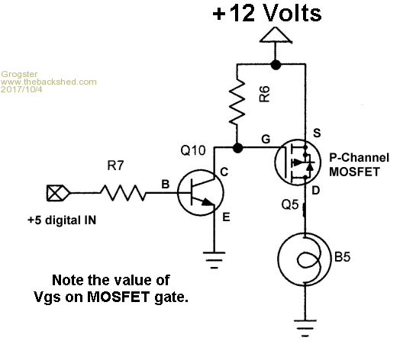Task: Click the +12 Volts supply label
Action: click(x=267, y=13)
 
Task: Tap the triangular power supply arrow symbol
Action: click(x=276, y=35)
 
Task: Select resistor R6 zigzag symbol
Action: click(x=237, y=102)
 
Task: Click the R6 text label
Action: click(x=264, y=94)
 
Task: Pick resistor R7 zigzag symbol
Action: click(x=123, y=193)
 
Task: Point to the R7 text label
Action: click(x=115, y=166)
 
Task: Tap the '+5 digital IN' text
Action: click(x=62, y=220)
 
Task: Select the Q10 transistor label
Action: click(x=193, y=150)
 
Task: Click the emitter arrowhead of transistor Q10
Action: click(x=208, y=203)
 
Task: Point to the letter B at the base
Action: click(x=166, y=185)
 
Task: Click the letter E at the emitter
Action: click(x=226, y=217)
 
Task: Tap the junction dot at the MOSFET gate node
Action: click(x=237, y=148)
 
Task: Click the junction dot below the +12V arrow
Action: click(x=276, y=64)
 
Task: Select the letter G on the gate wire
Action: click(x=266, y=139)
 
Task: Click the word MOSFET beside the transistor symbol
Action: click(x=354, y=172)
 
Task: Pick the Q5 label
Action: click(x=290, y=204)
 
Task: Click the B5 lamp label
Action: click(x=342, y=256)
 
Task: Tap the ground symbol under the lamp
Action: click(x=305, y=328)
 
